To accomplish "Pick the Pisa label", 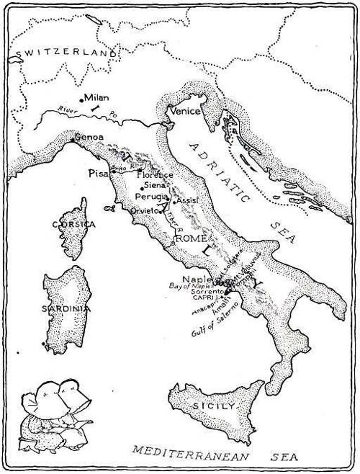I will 97,174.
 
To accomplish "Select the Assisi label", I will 186,200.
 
